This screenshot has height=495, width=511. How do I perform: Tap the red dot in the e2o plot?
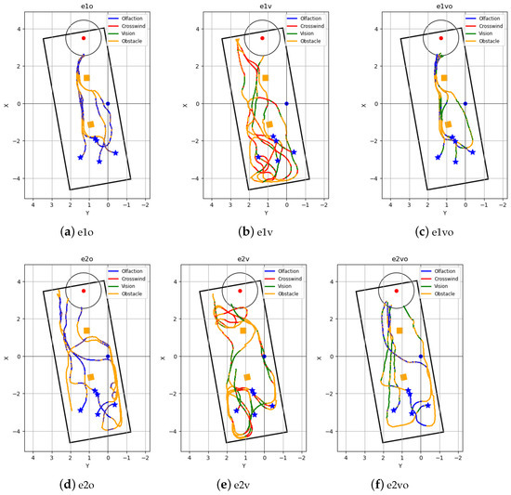tap(84, 291)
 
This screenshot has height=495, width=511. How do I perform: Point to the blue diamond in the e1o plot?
tap(108, 103)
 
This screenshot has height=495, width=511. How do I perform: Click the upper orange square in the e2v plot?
tap(242, 331)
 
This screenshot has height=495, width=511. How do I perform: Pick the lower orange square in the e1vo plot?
tap(448, 124)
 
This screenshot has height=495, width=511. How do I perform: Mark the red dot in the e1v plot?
tap(262, 38)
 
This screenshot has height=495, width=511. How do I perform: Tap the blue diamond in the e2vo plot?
tap(420, 356)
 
